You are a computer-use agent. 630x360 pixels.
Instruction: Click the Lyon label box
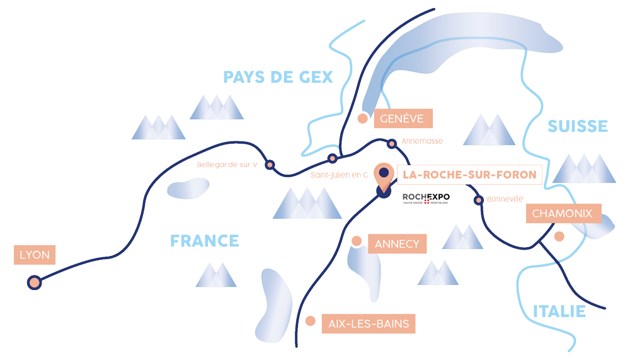35,255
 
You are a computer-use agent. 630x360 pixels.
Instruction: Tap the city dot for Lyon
34,282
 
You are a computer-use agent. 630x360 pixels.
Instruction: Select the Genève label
403,119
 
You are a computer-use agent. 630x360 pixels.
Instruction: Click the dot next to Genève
362,118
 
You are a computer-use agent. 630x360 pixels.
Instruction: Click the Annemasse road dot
392,144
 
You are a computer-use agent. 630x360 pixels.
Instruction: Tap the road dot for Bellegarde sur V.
270,165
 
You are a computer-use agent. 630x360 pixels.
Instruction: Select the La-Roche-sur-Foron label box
469,174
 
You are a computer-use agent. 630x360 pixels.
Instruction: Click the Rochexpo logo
426,199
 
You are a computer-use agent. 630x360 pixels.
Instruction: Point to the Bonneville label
505,199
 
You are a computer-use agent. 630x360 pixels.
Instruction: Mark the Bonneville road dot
479,200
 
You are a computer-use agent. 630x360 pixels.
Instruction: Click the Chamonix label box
562,214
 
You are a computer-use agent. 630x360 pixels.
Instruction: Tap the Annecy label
397,244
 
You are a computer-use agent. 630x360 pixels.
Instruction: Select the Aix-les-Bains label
369,325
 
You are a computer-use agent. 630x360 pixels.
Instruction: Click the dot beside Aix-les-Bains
310,321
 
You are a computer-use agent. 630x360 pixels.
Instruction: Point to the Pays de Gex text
278,78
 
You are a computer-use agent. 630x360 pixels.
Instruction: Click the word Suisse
578,126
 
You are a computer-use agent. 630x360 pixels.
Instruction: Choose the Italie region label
559,311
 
